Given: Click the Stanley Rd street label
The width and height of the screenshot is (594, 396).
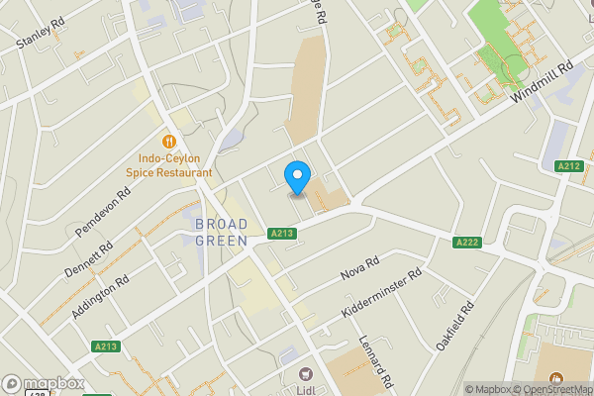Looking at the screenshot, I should (41, 34).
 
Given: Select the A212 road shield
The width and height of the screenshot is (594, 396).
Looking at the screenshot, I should (568, 166).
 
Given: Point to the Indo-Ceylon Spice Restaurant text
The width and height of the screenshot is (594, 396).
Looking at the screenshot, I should (174, 165).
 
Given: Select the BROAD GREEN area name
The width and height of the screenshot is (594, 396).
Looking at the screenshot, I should (221, 232).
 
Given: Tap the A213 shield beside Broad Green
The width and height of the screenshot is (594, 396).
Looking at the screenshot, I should (282, 234).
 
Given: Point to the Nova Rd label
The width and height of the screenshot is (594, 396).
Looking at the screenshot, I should (360, 268).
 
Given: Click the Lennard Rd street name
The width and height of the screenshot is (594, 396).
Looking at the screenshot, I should (377, 360).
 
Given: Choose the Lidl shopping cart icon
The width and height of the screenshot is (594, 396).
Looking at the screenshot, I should (305, 374).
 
